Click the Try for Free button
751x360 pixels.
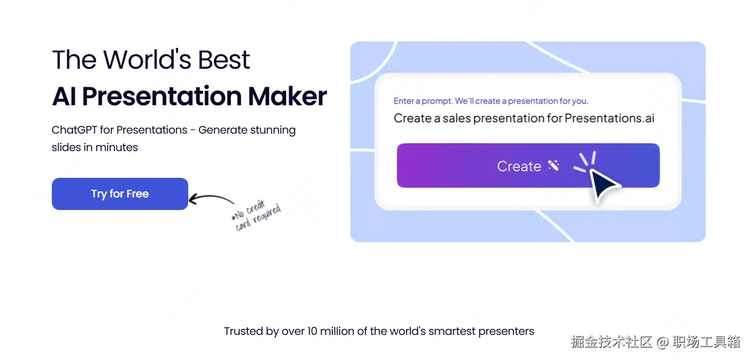[120, 194]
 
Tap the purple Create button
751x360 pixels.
[528, 165]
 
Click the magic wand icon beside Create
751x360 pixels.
[553, 165]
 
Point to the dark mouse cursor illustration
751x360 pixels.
[604, 185]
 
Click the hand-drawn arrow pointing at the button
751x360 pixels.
[211, 196]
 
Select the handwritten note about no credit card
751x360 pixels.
[257, 215]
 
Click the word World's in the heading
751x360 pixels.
[147, 59]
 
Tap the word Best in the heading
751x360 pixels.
[224, 59]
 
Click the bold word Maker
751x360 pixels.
[287, 97]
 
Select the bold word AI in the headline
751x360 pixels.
[64, 97]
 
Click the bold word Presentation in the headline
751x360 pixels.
[162, 97]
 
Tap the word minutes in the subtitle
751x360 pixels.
[116, 147]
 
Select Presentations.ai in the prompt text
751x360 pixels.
[609, 118]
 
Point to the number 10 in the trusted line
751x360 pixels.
[312, 331]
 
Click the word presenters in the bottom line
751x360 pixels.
[506, 332]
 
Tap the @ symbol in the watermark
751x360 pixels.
[663, 342]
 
